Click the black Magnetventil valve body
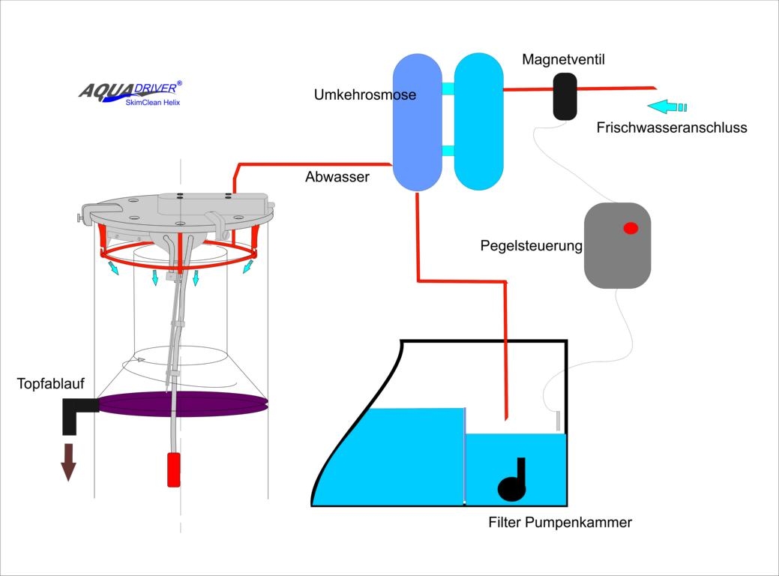pyautogui.click(x=565, y=95)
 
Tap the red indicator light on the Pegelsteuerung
pyautogui.click(x=631, y=228)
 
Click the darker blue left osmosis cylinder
pyautogui.click(x=418, y=121)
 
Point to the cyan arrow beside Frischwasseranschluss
pyautogui.click(x=667, y=106)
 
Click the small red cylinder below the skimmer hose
pyautogui.click(x=173, y=469)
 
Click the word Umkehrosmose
pyautogui.click(x=365, y=95)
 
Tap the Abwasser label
pyautogui.click(x=337, y=178)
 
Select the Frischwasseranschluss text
pyautogui.click(x=672, y=127)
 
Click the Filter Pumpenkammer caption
pyautogui.click(x=559, y=523)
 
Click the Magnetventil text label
pyautogui.click(x=563, y=59)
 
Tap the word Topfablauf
pyautogui.click(x=51, y=385)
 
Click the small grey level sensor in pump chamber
pyautogui.click(x=559, y=421)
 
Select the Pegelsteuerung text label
pyautogui.click(x=531, y=246)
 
